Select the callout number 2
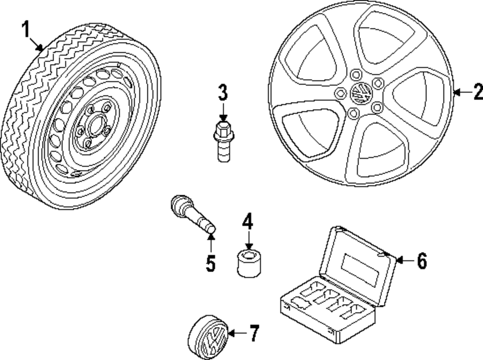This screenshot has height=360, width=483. pos(478,91)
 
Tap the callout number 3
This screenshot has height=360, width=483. pos(222,92)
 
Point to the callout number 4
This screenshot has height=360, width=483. pos(248,222)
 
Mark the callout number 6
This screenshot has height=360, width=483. pos(422,261)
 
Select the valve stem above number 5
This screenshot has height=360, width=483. pos(192,216)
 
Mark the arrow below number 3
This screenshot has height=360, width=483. pos(222,113)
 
